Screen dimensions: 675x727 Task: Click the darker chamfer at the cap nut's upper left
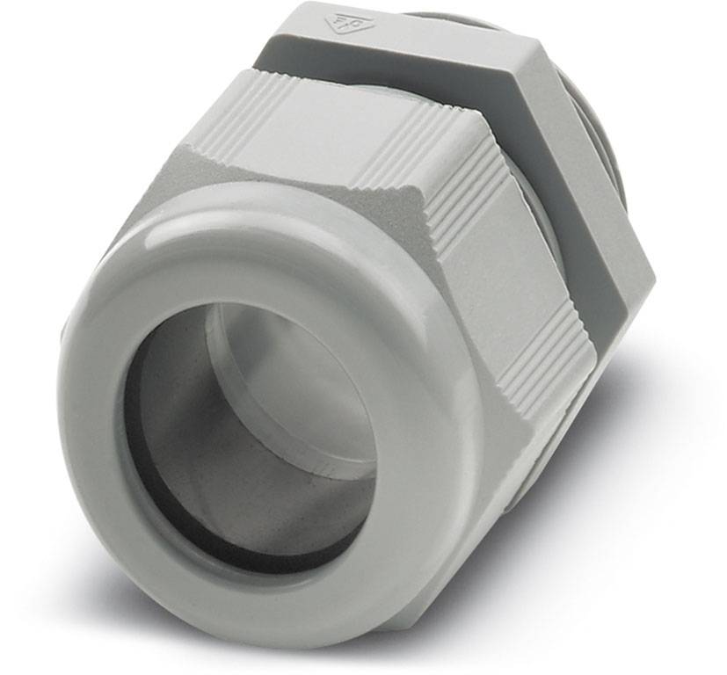click(x=264, y=176)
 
